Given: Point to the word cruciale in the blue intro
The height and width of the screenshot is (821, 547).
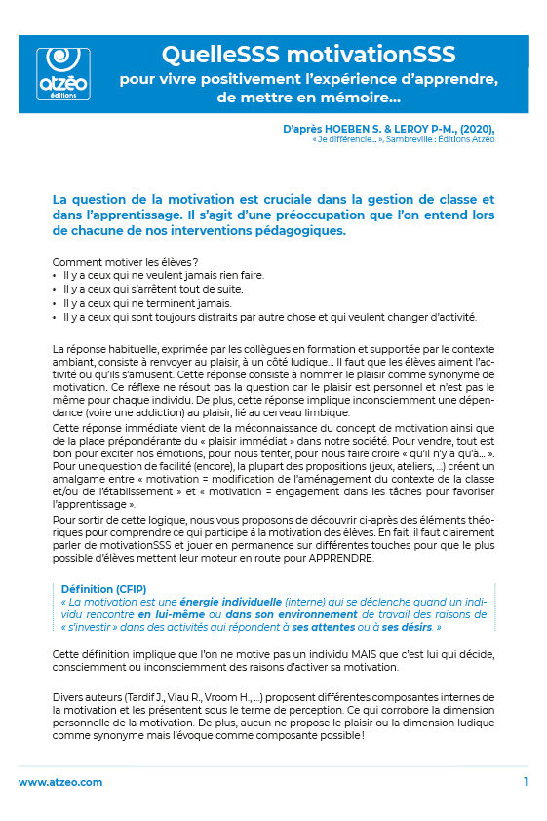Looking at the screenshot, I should (x=305, y=200).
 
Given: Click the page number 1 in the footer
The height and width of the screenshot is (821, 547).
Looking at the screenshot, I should (x=526, y=782).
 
